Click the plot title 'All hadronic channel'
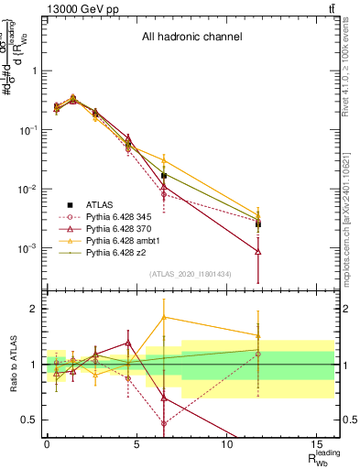191,38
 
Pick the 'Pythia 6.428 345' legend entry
103,220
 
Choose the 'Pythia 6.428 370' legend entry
103,234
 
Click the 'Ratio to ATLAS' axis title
12,364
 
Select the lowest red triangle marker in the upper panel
258,251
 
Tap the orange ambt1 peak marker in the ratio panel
164,317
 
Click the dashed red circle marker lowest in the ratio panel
164,423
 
